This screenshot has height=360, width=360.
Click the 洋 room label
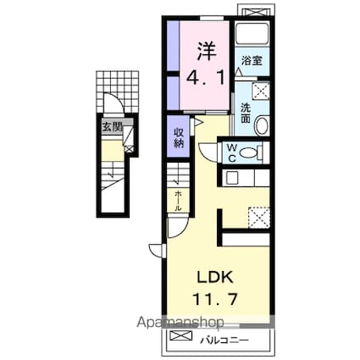[207, 51]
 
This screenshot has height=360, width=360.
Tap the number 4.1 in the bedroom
[206, 77]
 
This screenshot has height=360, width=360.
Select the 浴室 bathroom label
[252, 60]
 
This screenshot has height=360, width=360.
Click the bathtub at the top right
[252, 34]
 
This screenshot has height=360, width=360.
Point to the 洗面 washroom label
[246, 114]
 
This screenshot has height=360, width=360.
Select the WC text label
[232, 152]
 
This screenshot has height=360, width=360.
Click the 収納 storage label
[178, 137]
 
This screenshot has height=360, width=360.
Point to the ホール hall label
[178, 201]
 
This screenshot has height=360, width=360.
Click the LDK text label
[215, 278]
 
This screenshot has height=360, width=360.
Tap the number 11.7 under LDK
[214, 299]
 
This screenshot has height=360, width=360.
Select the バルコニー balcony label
[224, 341]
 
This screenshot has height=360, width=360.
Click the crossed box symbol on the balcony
[180, 335]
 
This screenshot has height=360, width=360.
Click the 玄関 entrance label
[112, 127]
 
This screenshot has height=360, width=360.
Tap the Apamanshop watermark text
[180, 322]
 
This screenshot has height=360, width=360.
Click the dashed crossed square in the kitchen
[258, 218]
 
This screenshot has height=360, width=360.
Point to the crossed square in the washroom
[260, 91]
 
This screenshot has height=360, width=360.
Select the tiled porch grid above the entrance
[118, 91]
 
